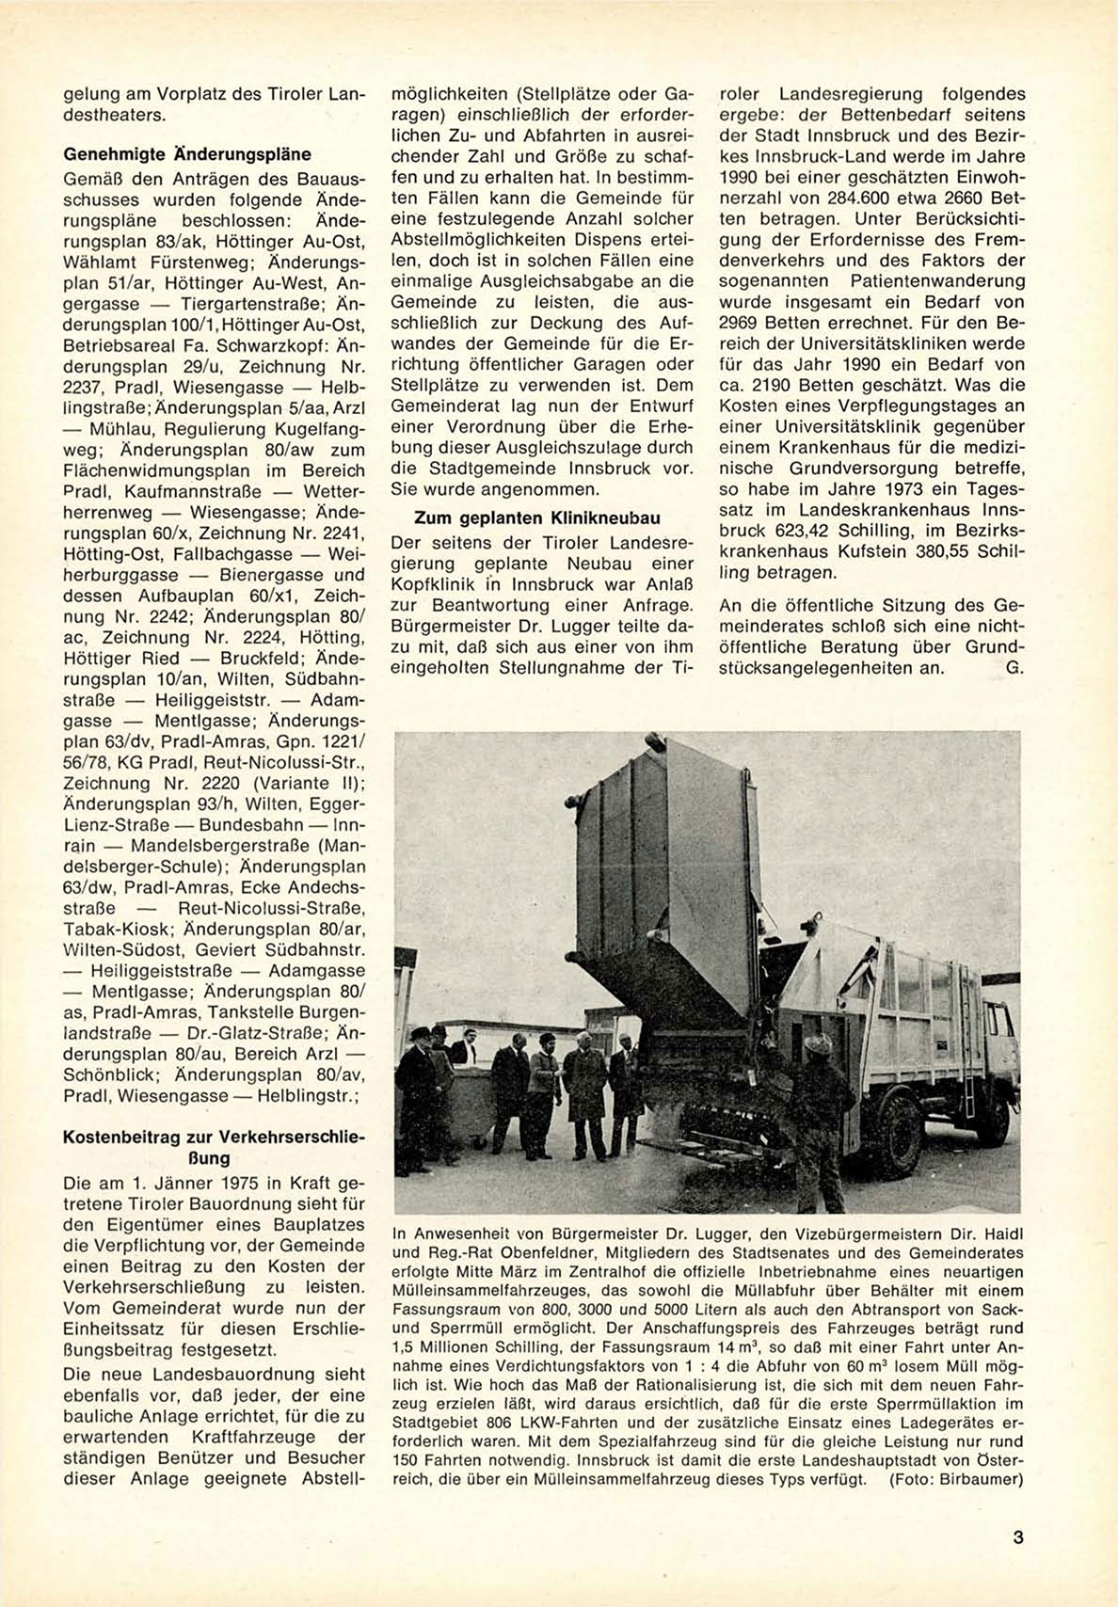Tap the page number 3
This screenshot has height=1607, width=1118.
1017,1538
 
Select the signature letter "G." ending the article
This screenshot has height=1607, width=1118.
1014,667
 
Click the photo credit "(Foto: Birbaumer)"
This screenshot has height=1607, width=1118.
954,1479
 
